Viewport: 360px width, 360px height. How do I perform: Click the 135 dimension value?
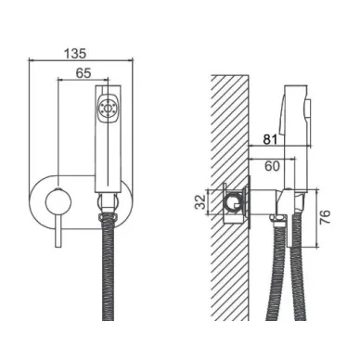pos(75,53)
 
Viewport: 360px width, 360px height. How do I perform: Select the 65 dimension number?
pos(84,73)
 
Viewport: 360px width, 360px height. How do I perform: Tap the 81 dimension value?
pos(270,139)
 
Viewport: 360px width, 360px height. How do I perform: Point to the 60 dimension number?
pos(272,166)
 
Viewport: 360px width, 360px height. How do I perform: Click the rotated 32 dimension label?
pos(201,201)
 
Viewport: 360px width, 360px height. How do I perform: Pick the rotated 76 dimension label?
pos(325,217)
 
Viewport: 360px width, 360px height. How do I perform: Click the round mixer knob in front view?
pos(58,202)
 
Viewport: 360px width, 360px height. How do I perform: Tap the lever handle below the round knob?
pos(58,231)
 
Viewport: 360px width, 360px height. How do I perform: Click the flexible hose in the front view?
pos(108,267)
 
